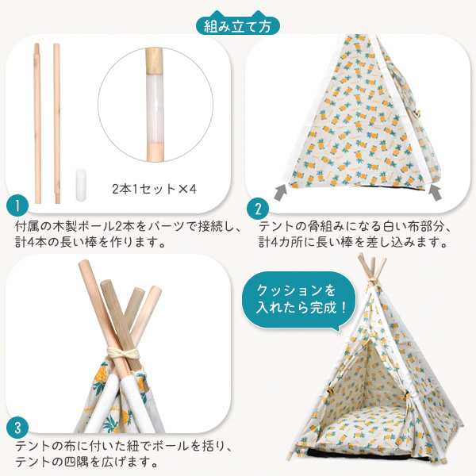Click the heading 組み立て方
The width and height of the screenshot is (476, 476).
tap(238, 26)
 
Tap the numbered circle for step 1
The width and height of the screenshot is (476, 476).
tap(17, 205)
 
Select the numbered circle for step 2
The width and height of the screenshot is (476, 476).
tap(258, 209)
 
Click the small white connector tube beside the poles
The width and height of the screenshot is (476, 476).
tap(80, 185)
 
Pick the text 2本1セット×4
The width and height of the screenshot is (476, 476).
tap(154, 189)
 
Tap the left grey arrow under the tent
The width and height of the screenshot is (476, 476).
tap(281, 192)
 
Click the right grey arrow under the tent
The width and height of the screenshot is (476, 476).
tap(435, 193)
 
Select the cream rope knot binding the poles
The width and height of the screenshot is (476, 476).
tap(123, 353)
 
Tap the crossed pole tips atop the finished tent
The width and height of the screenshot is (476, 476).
tap(371, 268)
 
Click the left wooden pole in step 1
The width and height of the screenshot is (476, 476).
tap(37, 123)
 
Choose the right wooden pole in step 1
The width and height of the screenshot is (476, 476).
tap(57, 123)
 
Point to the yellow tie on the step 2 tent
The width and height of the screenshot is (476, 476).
tap(418, 114)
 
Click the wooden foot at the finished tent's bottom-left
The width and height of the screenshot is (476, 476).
tap(290, 456)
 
